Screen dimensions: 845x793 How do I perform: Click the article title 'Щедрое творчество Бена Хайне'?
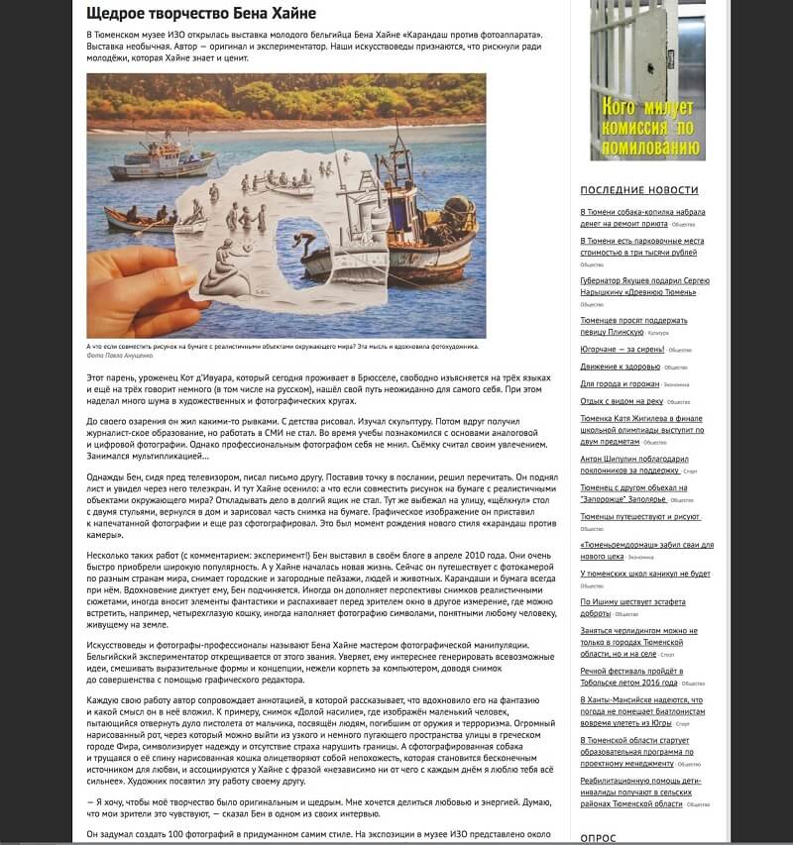(201, 14)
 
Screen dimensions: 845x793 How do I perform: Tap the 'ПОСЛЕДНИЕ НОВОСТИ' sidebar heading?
(639, 190)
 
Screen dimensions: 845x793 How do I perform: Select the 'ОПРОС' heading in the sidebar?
(598, 837)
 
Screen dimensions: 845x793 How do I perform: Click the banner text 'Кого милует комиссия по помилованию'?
(647, 126)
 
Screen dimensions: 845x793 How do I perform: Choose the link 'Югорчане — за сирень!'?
(623, 350)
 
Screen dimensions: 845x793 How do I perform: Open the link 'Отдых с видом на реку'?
(622, 401)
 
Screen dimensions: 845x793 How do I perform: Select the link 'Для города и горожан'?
(621, 383)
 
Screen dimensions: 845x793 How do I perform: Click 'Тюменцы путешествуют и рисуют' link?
(640, 517)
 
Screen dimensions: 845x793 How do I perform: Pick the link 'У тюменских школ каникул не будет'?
(644, 574)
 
